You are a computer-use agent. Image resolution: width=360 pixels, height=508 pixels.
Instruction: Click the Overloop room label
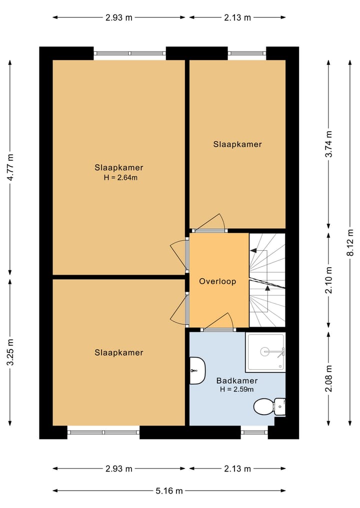click(x=217, y=281)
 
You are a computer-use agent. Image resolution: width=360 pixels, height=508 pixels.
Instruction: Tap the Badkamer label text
click(x=237, y=381)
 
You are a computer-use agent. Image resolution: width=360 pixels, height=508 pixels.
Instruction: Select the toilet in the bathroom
click(x=269, y=407)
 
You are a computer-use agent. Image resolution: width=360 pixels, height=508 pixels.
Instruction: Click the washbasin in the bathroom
click(x=197, y=371)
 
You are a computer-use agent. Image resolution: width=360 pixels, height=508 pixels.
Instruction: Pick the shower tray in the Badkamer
click(x=265, y=352)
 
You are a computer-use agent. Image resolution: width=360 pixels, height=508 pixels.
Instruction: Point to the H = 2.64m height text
click(x=120, y=177)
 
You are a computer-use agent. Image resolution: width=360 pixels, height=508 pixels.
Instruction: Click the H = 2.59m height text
click(x=237, y=390)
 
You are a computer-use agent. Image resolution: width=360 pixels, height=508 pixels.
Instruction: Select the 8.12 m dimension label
click(x=350, y=242)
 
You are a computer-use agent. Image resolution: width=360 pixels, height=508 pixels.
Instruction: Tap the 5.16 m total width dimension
click(x=169, y=491)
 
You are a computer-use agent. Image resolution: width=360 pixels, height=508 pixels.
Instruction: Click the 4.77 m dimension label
click(x=10, y=167)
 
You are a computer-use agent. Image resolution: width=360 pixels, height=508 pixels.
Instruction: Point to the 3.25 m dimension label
click(x=10, y=352)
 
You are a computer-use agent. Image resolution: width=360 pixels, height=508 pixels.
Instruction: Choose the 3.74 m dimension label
click(x=329, y=144)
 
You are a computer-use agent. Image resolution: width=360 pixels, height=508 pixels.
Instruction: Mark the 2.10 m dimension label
click(x=329, y=280)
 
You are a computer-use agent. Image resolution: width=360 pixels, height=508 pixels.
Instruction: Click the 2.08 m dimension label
click(x=329, y=378)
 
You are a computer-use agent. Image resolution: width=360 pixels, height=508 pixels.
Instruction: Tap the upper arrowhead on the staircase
click(x=253, y=250)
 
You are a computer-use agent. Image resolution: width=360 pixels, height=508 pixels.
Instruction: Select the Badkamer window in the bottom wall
click(x=254, y=432)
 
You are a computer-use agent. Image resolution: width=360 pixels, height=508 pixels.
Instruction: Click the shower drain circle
click(x=264, y=351)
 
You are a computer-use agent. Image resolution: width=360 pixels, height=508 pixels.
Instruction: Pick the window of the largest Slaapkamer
click(x=129, y=53)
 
